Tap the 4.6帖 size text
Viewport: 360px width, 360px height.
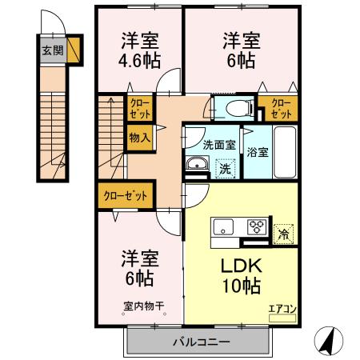coord(139,60)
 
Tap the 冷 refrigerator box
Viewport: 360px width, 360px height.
coord(282,234)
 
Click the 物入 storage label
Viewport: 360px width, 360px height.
coord(139,138)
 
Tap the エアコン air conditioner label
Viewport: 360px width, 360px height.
coord(280,307)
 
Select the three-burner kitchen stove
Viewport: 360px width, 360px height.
coord(258,226)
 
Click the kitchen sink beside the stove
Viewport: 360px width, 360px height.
coord(222,226)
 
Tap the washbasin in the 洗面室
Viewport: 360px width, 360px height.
coord(197,166)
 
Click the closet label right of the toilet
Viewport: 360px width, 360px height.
coord(281,108)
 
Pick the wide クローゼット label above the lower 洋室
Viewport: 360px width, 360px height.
coord(126,194)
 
